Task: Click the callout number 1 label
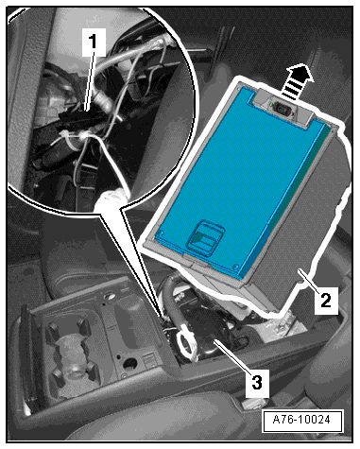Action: (x=94, y=43)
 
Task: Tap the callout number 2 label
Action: (x=326, y=300)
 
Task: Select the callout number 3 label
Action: (x=257, y=383)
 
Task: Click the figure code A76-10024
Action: (x=302, y=421)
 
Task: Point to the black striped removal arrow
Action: (x=296, y=81)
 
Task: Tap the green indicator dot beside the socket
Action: (x=270, y=104)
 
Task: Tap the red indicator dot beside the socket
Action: (x=293, y=113)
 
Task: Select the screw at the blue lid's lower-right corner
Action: (x=235, y=267)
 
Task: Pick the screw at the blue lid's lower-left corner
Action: (x=162, y=233)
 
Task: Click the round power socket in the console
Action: (x=129, y=365)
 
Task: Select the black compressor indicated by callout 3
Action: (x=208, y=334)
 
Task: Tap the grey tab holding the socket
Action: (x=283, y=109)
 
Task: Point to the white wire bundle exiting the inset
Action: (x=111, y=199)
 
